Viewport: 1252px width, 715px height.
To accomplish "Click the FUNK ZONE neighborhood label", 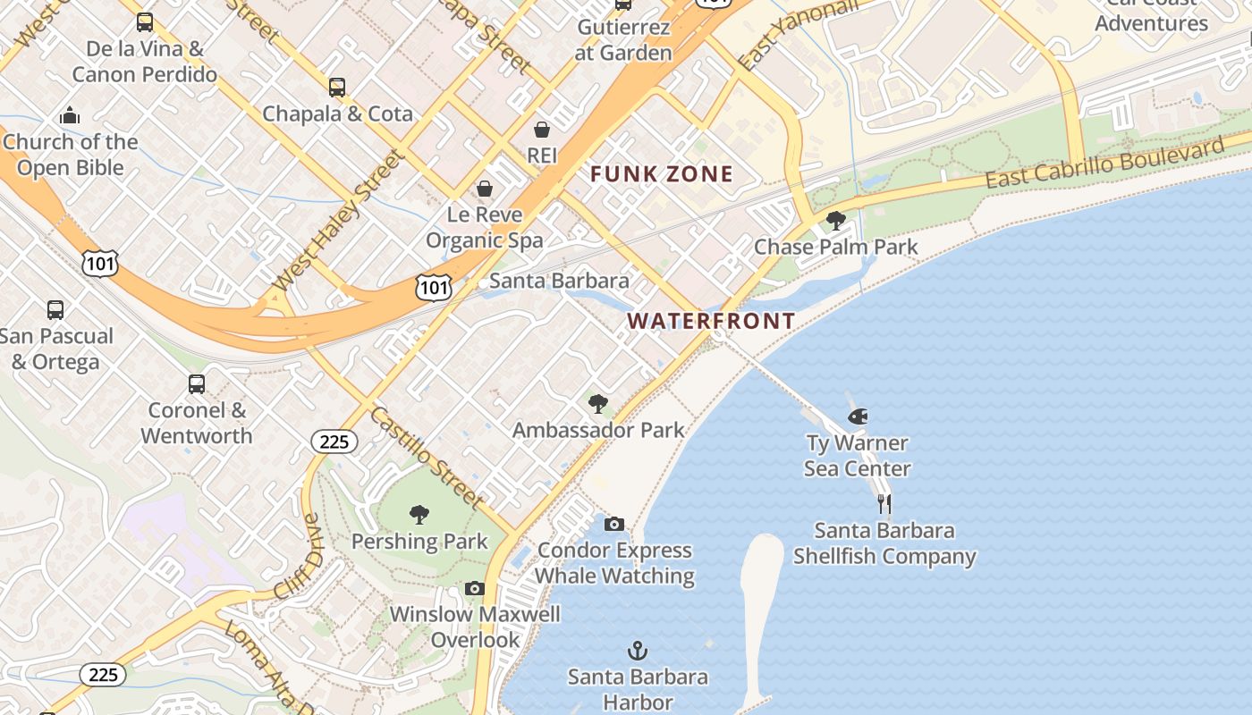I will coord(662,174).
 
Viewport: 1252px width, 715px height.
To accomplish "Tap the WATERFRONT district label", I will coord(711,321).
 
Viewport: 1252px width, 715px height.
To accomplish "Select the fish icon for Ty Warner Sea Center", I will coord(858,416).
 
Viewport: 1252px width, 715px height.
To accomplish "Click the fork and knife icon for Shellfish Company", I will coord(884,503).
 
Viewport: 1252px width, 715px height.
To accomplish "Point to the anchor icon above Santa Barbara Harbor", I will coord(638,650).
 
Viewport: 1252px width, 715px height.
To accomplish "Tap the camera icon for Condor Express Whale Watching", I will coord(614,524).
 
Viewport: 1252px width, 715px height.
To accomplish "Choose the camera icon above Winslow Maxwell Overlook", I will coord(475,588).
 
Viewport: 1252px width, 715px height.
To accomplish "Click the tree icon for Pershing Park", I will coord(419,514).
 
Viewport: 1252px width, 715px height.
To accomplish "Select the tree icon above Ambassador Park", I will coord(598,403).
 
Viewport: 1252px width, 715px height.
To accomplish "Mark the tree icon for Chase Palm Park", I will coord(836,220).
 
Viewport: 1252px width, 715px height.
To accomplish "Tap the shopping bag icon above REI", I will coord(542,130).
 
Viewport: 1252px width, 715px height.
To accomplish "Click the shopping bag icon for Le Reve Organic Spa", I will coord(484,189).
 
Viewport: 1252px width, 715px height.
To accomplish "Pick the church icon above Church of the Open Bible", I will coord(70,115).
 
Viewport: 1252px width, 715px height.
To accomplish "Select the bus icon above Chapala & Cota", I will coord(337,88).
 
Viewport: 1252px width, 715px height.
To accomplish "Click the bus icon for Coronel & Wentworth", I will coord(197,384).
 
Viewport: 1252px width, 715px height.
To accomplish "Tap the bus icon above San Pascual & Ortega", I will coord(55,310).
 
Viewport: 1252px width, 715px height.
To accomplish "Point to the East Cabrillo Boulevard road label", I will coord(1104,163).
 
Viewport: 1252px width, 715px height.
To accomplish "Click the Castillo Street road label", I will coord(427,457).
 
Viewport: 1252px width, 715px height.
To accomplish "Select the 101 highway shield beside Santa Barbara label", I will coord(433,287).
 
